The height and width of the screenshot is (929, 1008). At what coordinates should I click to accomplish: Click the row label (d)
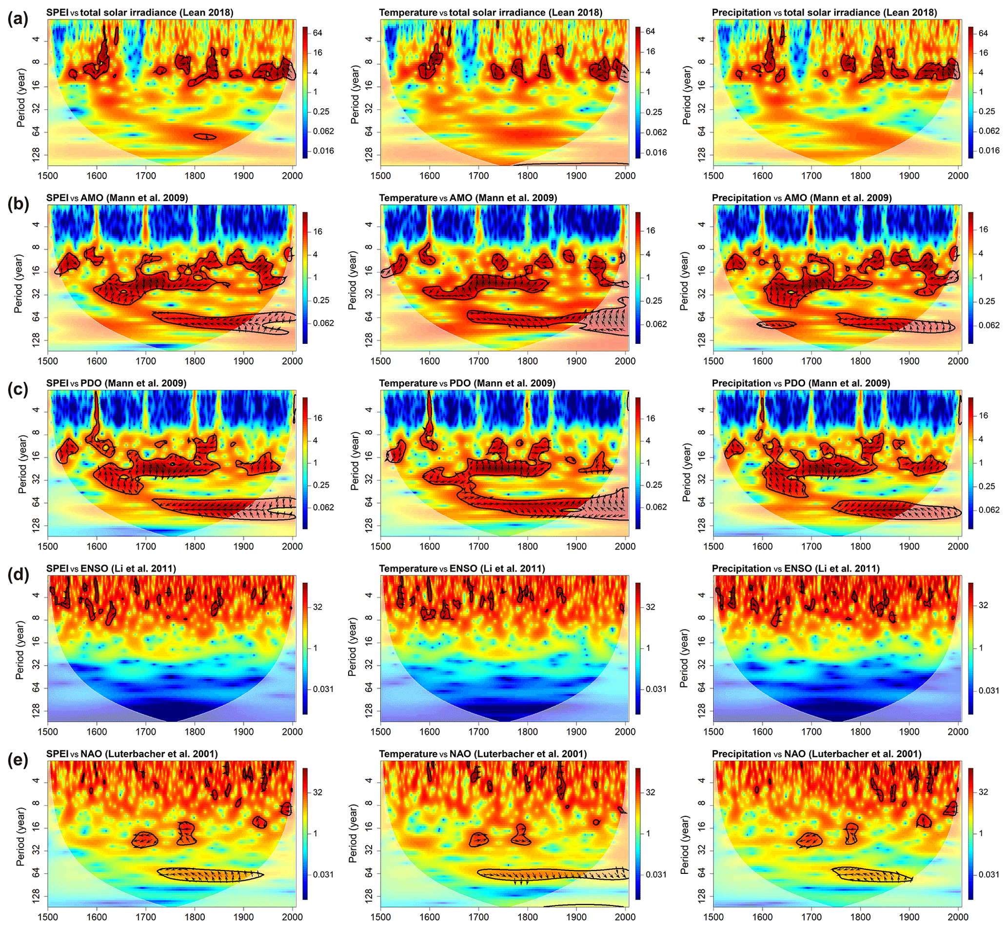(x=18, y=574)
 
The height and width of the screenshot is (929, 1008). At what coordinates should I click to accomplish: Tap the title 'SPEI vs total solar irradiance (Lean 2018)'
(x=140, y=12)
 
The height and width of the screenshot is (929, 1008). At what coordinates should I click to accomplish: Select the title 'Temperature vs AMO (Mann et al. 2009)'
(x=468, y=198)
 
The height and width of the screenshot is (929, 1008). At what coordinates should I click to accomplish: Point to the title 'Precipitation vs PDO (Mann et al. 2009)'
(x=801, y=383)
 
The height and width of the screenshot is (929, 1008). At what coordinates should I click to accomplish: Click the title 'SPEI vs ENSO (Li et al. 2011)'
(x=111, y=569)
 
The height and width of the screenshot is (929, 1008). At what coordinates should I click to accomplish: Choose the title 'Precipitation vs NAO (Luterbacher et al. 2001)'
(x=816, y=754)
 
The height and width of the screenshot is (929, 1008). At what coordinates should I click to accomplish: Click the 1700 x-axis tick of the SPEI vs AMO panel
(x=146, y=361)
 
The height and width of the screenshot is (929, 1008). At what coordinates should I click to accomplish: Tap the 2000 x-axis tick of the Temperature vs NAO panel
(x=625, y=917)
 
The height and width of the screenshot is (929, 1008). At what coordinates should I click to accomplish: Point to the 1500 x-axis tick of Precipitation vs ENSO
(x=713, y=731)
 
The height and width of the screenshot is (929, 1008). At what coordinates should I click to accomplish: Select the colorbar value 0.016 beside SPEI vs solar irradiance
(x=323, y=151)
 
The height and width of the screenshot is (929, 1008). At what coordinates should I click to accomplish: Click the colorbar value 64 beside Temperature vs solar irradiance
(x=650, y=31)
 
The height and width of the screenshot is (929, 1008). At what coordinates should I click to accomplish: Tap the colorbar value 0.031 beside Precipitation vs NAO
(x=989, y=875)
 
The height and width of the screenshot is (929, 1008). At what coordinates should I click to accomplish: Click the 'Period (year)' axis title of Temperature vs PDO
(x=355, y=461)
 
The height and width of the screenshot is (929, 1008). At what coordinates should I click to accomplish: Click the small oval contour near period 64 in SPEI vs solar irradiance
(x=205, y=136)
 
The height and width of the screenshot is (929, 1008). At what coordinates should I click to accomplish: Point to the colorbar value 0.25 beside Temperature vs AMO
(x=654, y=300)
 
